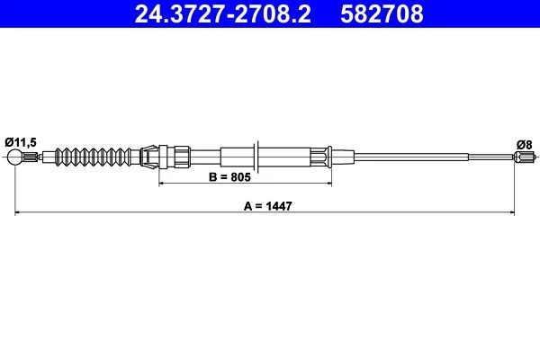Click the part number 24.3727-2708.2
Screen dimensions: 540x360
[223, 13]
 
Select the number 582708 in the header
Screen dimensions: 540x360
[382, 13]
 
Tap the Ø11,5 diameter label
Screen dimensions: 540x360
[21, 142]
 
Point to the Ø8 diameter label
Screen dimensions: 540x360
[524, 145]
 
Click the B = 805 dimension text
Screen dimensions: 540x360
[230, 177]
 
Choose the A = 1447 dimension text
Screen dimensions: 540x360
[267, 206]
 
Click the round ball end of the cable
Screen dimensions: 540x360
[14, 157]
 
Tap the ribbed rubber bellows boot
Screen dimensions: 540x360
[93, 157]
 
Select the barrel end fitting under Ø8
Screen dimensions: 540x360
[524, 157]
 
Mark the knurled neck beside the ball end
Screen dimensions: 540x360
[30, 157]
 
